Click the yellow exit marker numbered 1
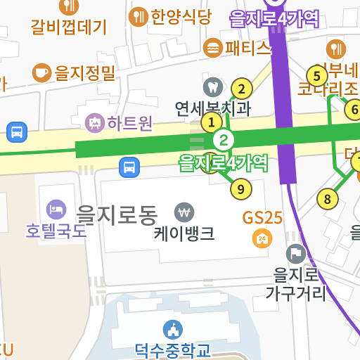pos(210,123)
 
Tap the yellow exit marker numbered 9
pos(240,188)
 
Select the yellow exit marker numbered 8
pos(327,199)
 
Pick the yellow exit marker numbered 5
pos(316,75)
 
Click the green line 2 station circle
pos(224,140)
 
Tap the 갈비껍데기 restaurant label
pos(68,27)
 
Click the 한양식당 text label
pos(180,17)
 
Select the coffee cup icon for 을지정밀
pos(42,72)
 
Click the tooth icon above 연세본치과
pos(210,88)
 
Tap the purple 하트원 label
pos(129,123)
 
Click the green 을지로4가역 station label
pos(224,163)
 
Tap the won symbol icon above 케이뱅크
pos(184,211)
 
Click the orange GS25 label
pos(262,217)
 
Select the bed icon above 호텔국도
pos(56,209)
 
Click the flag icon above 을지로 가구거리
pos(296,254)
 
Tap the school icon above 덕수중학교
pos(172,329)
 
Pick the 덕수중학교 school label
pos(172,349)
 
